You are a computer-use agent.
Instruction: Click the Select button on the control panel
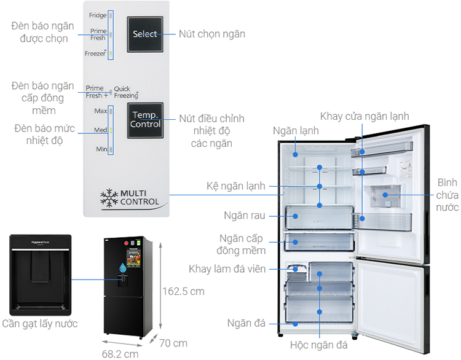point(145,34)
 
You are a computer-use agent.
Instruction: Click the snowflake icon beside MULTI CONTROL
point(109,197)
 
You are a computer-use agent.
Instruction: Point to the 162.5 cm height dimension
point(183,291)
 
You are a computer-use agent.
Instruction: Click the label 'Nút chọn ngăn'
point(212,34)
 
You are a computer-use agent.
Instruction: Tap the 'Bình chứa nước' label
point(447,196)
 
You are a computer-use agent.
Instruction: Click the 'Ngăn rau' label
point(245,216)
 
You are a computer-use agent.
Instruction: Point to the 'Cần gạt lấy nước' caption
point(40,324)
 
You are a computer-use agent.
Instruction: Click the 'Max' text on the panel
point(100,111)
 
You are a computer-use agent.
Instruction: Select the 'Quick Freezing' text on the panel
point(126,92)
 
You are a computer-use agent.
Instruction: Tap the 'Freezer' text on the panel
point(95,54)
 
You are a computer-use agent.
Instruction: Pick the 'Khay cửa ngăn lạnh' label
point(364,116)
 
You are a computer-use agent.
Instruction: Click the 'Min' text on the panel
point(101,149)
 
